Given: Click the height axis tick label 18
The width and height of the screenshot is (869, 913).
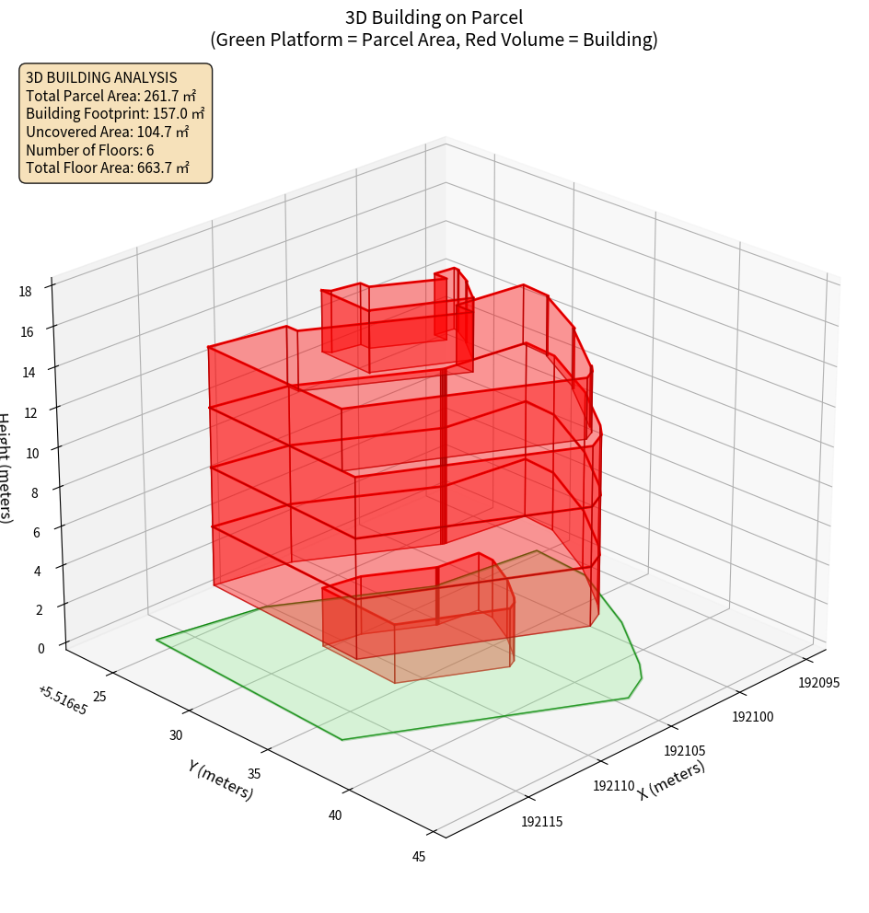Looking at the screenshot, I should tap(25, 291).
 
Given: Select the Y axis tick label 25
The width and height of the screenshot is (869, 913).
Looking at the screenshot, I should tap(99, 696).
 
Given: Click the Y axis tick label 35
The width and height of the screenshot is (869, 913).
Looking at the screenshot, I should tap(256, 773).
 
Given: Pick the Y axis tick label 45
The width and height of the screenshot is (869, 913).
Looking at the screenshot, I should tap(419, 857).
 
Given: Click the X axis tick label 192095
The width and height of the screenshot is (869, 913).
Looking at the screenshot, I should tap(818, 682).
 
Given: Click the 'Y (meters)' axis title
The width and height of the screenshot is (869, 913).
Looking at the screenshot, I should tap(220, 780).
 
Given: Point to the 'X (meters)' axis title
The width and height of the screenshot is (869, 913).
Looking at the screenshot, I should tap(671, 780).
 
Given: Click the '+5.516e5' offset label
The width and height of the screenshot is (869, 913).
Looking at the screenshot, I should tap(63, 700).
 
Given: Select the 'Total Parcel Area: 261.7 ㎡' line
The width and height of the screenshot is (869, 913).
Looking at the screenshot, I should tap(111, 96).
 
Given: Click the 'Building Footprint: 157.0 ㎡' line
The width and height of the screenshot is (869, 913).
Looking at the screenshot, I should tap(115, 114).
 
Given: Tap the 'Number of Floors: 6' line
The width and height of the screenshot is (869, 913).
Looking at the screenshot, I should tap(90, 150).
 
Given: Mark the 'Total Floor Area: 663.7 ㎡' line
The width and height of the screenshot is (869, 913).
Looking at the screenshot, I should tap(108, 168).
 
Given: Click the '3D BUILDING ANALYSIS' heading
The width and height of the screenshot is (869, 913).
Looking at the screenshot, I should tap(101, 78).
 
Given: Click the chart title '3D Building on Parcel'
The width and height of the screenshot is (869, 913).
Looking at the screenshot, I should tap(434, 17).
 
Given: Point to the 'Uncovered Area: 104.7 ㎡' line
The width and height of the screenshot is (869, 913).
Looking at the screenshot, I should tap(107, 132).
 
